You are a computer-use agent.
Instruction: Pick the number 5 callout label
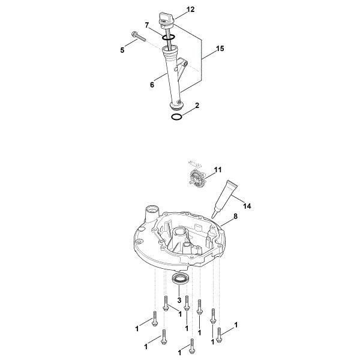click(123, 50)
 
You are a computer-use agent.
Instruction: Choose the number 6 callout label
click(152, 85)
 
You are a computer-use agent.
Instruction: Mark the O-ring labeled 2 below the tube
click(176, 117)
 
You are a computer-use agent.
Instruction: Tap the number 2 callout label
click(196, 106)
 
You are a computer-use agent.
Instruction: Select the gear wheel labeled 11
click(196, 179)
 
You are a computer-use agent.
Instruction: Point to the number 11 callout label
click(218, 170)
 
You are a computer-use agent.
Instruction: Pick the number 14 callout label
click(247, 206)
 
